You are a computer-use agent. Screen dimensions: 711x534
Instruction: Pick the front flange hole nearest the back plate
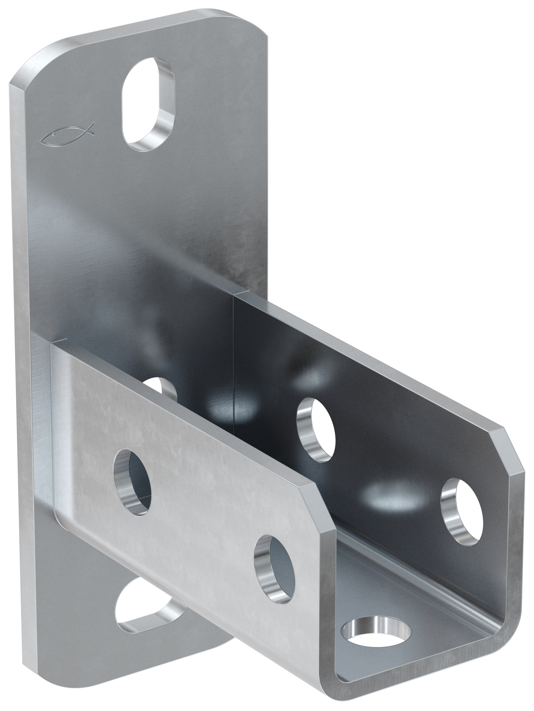pos(134,480)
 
